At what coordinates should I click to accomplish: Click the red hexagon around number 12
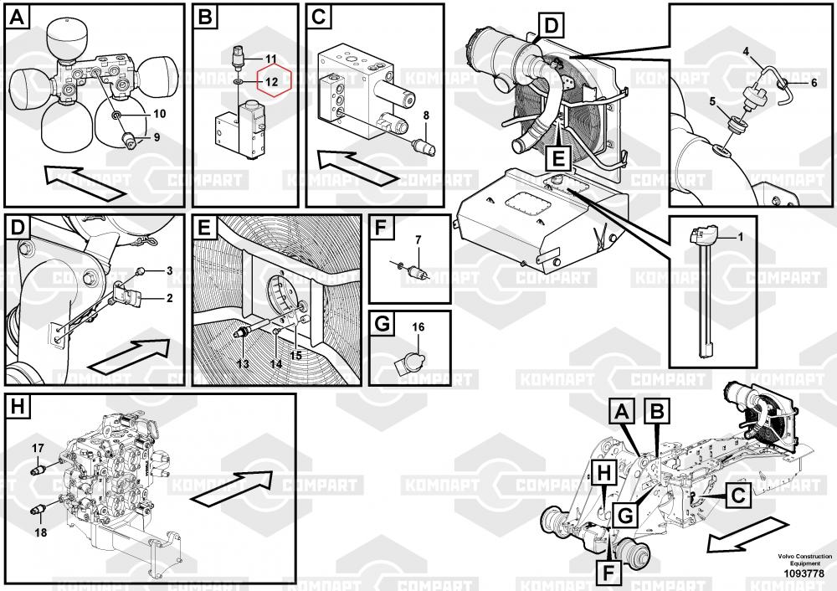pos(270,81)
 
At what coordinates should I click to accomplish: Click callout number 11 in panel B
pos(270,58)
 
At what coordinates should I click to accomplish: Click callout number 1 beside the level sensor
pos(739,237)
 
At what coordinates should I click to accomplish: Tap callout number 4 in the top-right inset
pos(746,52)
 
